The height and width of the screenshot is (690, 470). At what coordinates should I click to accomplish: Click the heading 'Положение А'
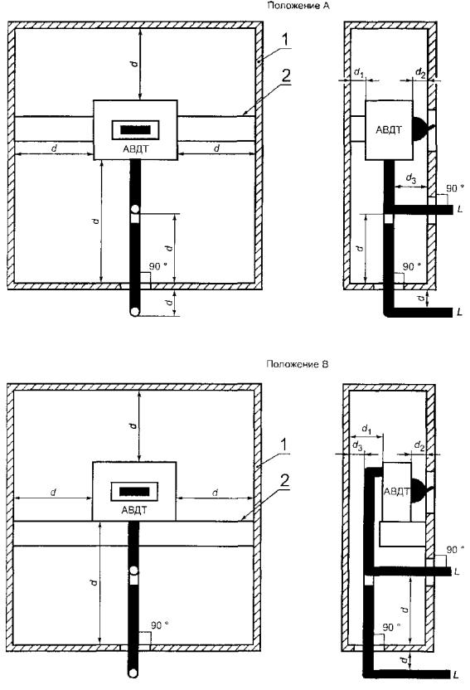298,6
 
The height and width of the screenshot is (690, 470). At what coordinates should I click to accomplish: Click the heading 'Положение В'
298,364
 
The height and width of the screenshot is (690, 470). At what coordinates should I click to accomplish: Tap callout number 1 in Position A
285,40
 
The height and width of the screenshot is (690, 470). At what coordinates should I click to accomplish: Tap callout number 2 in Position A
285,75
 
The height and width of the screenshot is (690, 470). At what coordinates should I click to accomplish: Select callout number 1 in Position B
284,445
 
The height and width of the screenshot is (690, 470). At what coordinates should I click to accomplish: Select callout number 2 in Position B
284,480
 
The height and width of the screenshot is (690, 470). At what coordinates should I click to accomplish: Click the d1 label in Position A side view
359,71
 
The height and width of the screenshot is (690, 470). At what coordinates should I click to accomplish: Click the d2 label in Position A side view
420,71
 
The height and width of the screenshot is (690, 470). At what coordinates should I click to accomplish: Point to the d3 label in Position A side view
410,178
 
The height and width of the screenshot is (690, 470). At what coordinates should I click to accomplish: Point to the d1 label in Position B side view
366,429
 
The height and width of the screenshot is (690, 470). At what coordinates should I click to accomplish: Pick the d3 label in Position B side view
357,445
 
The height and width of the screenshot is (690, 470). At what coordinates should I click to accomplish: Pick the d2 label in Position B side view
419,446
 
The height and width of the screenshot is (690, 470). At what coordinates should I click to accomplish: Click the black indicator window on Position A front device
135,130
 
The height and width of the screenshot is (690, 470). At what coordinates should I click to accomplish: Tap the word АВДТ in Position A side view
389,130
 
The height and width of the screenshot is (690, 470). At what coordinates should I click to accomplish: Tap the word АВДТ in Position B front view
134,511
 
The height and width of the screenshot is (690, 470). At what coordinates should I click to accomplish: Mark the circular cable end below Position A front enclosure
134,312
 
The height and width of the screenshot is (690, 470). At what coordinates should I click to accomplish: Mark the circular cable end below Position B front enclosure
133,673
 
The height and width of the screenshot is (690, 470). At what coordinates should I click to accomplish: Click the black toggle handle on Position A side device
422,129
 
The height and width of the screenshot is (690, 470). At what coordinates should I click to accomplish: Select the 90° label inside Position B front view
160,625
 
